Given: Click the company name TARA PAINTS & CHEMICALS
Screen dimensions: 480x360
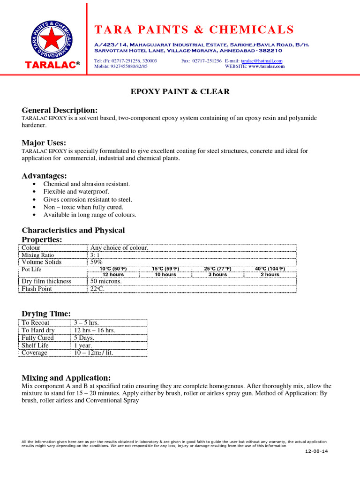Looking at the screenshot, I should (194, 30).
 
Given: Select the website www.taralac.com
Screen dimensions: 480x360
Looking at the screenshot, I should (266, 67).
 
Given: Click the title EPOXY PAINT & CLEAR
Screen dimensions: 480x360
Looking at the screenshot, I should (180, 91).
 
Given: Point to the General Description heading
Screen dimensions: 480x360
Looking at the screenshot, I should (60, 110).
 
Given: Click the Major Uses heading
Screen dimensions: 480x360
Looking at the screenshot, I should (44, 142).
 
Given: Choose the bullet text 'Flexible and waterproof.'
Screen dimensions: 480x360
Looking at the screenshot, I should (76, 192).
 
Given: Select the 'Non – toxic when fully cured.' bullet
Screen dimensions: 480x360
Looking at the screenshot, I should (83, 207).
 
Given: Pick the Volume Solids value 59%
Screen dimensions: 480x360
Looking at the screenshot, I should (97, 262).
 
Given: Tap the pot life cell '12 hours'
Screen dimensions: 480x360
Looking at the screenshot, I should (113, 274).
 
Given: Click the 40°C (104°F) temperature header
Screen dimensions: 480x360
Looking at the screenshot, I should (270, 269).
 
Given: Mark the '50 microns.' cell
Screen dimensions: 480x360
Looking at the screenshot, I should (106, 281).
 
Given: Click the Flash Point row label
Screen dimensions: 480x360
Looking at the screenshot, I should (37, 289).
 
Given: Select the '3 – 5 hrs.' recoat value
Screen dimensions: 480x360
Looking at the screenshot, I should (86, 323).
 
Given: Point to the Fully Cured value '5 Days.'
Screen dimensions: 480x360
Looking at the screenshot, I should (84, 338).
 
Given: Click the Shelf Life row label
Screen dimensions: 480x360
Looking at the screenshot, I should (35, 345).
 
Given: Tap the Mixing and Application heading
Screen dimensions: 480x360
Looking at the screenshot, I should (66, 378).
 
